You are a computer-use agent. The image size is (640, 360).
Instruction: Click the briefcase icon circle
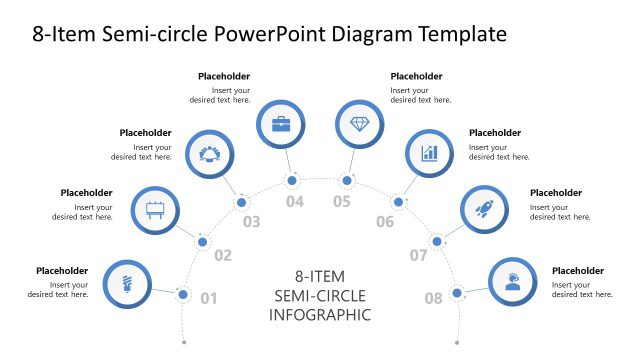pos(281,124)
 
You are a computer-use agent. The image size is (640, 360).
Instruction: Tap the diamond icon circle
pos(358,124)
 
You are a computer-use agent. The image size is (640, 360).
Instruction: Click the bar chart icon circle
pos(430,154)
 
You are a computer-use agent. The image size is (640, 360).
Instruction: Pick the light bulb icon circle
pos(128,281)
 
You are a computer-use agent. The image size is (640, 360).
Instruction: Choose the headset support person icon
pos(513,281)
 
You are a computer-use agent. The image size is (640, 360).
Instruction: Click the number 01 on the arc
pos(209,298)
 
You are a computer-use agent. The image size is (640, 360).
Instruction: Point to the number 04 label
pos(294,202)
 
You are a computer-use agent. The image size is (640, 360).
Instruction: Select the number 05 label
pos(342,202)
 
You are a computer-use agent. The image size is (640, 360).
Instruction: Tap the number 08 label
pos(433,298)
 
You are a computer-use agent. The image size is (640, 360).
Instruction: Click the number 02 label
pos(222,256)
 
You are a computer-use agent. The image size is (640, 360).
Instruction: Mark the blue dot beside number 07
pos(436,241)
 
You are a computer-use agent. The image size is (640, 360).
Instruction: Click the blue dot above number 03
pos(242,203)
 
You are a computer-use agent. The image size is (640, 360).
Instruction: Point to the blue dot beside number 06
pos(398,203)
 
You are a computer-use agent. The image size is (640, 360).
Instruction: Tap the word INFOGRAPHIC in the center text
pos(320,315)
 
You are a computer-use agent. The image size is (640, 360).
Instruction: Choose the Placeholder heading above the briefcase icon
pos(224,76)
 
